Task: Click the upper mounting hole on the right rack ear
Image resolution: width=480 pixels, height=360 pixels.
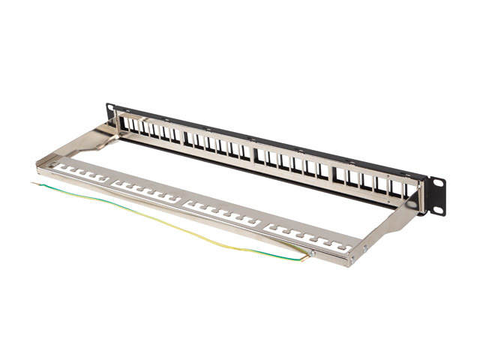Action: tap(434, 182)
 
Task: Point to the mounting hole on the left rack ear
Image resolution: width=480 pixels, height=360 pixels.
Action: tap(110, 109)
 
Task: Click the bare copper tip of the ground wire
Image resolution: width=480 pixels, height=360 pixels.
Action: tap(32, 182)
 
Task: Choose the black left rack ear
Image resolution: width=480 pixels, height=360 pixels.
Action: tap(109, 113)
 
